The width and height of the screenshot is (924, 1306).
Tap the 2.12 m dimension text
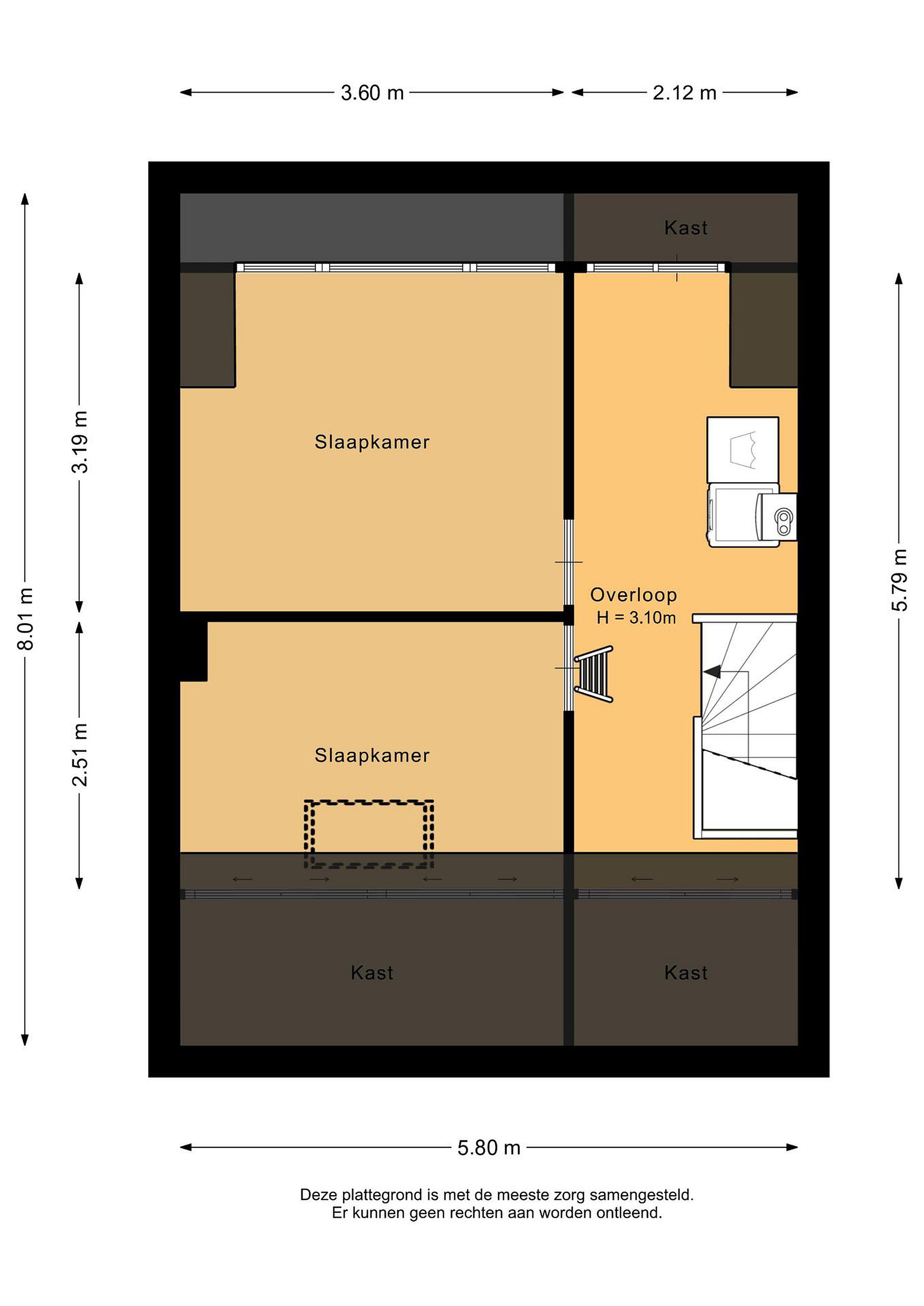tap(684, 93)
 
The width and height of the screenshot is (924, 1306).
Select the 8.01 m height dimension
tap(25, 619)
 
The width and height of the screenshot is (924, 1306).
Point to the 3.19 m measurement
tap(80, 442)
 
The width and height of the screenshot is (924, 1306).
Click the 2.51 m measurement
tap(80, 755)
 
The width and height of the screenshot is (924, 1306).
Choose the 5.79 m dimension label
tap(899, 580)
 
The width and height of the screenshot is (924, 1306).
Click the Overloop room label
tap(633, 595)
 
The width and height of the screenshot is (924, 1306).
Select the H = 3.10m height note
tap(636, 618)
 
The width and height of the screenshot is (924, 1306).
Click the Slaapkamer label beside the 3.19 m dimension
tap(372, 442)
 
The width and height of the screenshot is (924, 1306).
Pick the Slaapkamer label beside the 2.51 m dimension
tap(372, 755)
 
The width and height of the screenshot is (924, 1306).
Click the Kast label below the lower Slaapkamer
tap(372, 973)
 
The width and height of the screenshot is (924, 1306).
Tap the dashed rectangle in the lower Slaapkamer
tap(369, 802)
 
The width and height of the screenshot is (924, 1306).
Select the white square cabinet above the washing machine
tap(743, 449)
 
